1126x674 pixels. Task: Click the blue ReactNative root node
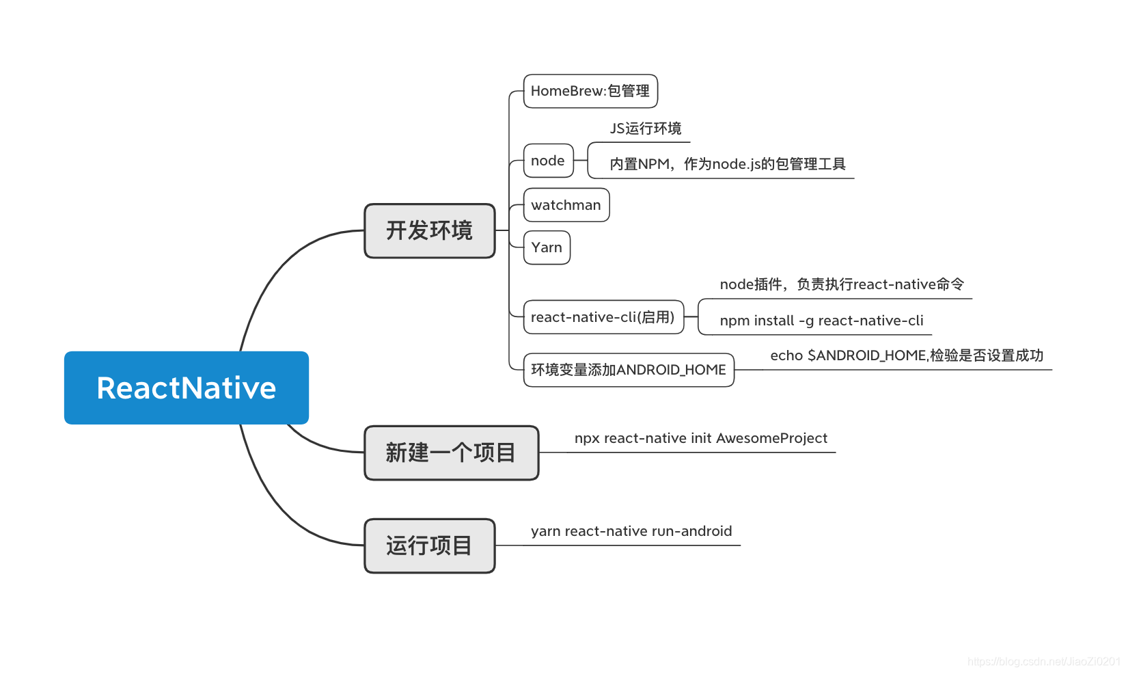186,388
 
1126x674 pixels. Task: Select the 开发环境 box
429,231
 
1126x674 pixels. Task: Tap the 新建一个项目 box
451,453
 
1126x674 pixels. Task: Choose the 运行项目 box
429,545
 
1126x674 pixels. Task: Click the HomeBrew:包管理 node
590,91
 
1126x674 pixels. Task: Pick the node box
548,161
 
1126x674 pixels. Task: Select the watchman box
566,205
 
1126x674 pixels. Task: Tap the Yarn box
547,247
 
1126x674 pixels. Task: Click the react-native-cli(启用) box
603,317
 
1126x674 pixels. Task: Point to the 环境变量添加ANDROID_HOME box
628,370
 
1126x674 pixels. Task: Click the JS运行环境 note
645,129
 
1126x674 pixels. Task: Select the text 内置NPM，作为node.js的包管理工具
727,164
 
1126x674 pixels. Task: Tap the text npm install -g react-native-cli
821,321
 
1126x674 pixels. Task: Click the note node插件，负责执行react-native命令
842,284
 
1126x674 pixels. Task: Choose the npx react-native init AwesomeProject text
700,438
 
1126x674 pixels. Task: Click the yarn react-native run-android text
631,531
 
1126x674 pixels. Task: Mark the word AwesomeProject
771,438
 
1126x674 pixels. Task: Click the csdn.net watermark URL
1043,661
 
